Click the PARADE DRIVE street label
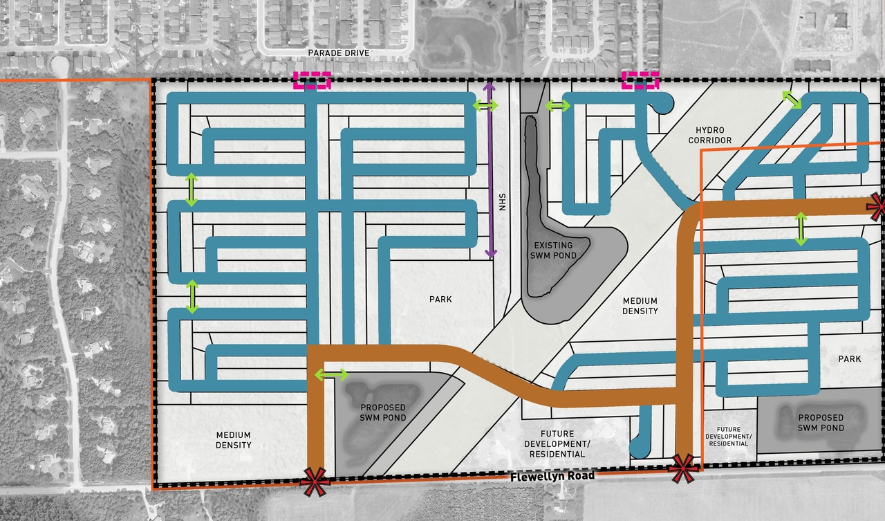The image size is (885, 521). (340, 53)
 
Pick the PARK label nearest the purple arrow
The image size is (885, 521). (440, 300)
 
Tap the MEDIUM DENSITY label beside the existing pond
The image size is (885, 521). (640, 306)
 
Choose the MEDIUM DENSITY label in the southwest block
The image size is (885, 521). (233, 440)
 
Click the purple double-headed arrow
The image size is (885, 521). (489, 170)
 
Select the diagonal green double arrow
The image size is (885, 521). (792, 99)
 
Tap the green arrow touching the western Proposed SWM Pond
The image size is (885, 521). (332, 375)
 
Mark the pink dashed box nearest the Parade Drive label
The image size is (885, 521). (313, 81)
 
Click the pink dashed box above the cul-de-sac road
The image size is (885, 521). (640, 80)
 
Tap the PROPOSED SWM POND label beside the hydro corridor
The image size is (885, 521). (382, 413)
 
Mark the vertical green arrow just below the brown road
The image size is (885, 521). (801, 229)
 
